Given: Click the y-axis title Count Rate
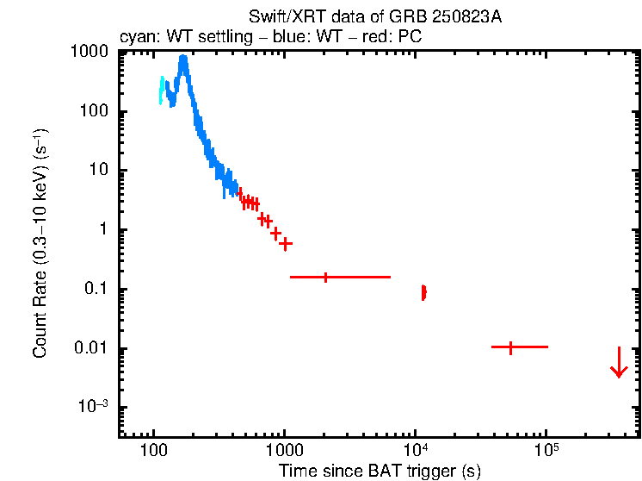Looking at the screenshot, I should coord(40,243).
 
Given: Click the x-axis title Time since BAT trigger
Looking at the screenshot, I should coord(380,471).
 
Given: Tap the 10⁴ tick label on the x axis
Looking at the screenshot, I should coord(416,451).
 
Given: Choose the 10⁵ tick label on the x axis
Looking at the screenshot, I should coord(546,451).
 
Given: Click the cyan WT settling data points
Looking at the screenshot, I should coord(161,89).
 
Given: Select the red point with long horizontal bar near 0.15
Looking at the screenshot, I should coord(325,278).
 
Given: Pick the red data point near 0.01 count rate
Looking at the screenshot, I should coord(511,347).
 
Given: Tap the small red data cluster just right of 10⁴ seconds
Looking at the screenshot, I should coord(423,293).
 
